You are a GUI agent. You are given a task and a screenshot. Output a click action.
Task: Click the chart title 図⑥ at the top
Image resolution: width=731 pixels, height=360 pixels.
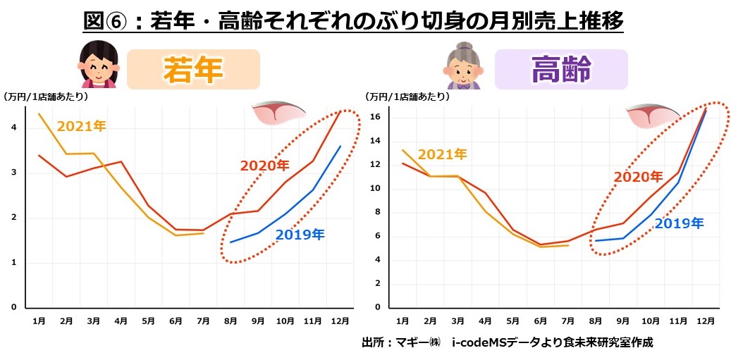352,21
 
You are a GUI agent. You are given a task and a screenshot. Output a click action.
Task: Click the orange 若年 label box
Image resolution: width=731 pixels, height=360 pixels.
193,70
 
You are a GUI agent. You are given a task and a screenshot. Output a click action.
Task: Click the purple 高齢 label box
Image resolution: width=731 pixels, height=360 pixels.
561,70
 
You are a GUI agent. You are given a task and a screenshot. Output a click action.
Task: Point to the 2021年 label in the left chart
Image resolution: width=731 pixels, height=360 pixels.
81,127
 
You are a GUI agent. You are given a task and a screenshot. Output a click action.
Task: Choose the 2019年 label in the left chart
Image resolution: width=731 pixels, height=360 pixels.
300,235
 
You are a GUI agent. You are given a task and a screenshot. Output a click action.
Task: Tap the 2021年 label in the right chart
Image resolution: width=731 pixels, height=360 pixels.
442,154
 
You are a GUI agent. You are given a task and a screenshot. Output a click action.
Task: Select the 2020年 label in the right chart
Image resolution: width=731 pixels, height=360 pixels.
638,177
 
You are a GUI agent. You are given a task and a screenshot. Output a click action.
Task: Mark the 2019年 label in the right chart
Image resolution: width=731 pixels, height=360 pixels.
679,223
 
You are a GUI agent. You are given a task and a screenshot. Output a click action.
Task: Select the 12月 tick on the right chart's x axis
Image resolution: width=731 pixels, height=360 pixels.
707,321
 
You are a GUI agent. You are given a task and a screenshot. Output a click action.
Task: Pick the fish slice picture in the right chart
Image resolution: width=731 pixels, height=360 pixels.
652,115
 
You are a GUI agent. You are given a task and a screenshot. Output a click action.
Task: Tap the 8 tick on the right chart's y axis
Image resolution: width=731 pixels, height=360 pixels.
379,212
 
